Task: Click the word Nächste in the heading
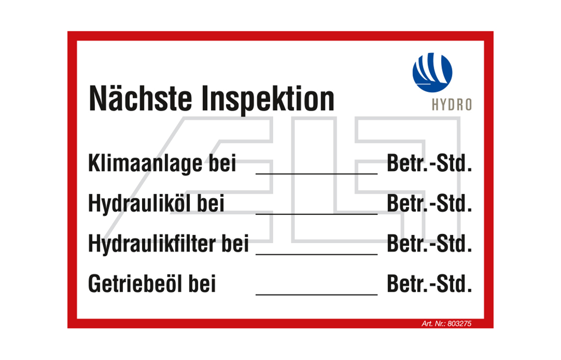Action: click(140, 98)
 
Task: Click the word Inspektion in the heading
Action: click(268, 100)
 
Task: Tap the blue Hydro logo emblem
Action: click(432, 72)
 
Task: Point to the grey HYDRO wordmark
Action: click(452, 105)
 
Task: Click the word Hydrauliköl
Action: click(140, 203)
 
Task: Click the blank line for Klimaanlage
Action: click(317, 174)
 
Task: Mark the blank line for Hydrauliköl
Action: click(317, 214)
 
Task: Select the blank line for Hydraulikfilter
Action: click(317, 254)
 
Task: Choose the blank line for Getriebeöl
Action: click(317, 294)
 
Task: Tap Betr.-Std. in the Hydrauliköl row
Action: click(429, 203)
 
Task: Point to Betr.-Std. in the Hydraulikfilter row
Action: click(429, 244)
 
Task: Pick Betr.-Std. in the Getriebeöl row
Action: click(429, 284)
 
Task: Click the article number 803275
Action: click(459, 323)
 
